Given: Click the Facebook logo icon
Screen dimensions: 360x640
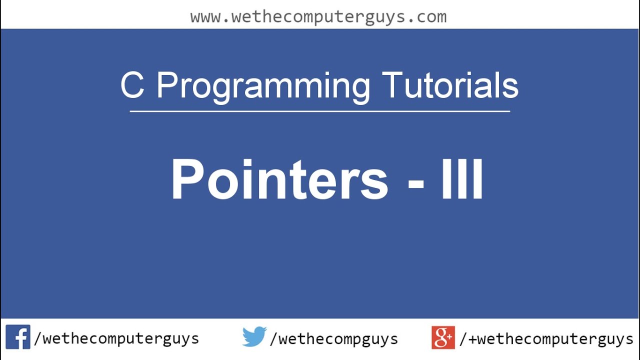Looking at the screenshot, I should click(x=18, y=337).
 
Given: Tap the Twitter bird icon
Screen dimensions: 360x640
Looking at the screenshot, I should click(x=254, y=337).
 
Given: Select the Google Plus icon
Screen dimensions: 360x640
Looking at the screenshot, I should click(x=443, y=337).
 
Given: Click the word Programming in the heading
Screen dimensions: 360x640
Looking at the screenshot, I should click(x=263, y=86).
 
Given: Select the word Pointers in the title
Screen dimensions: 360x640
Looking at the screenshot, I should click(x=279, y=179).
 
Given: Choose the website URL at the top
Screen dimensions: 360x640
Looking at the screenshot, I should click(x=318, y=16).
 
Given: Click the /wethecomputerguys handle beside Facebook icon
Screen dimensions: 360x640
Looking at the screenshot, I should click(x=116, y=339).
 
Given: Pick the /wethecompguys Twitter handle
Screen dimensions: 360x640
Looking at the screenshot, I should click(x=334, y=339).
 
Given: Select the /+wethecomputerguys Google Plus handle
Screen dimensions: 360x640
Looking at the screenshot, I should click(x=546, y=339).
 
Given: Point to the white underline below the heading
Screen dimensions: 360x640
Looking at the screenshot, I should click(x=320, y=111).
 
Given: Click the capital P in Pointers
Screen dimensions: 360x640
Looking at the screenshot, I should click(x=188, y=179).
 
